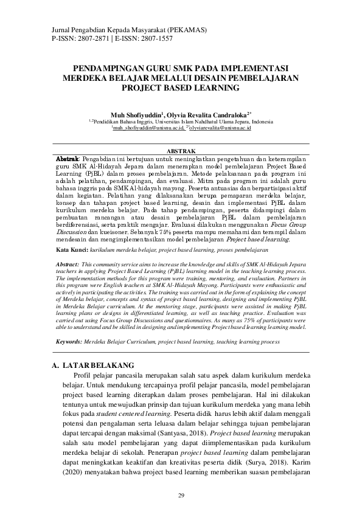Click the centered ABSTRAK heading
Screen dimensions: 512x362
tap(181, 150)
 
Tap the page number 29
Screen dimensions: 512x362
tap(181, 495)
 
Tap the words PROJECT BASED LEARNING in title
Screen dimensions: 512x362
tap(181, 88)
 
